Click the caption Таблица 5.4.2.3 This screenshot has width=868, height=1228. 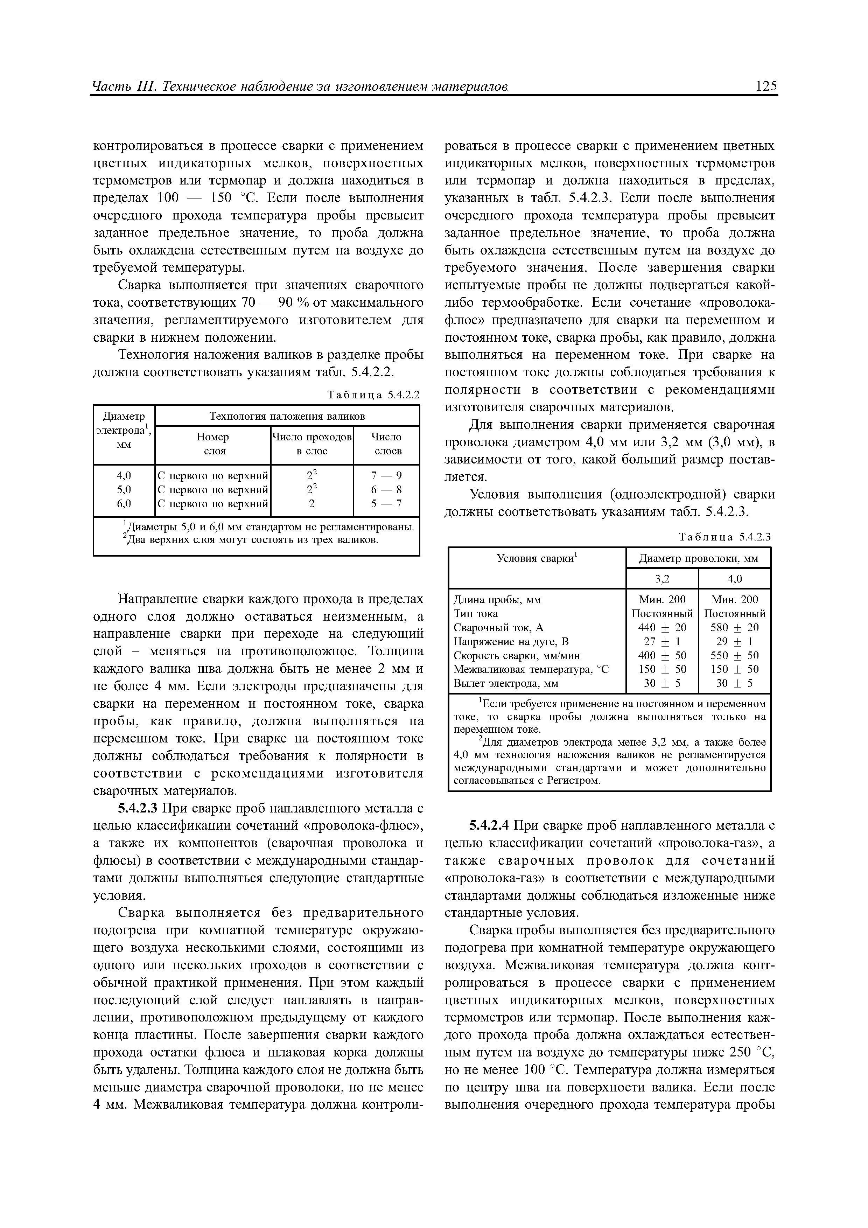(724, 537)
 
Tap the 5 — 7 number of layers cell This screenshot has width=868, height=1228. (386, 503)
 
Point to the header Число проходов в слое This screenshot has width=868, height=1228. (312, 444)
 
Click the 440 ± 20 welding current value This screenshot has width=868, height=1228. (662, 627)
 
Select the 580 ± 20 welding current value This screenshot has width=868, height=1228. (734, 627)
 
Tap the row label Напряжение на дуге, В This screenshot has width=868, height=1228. (511, 641)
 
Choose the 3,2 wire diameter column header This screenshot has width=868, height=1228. (662, 579)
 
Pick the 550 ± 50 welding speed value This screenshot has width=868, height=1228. (734, 655)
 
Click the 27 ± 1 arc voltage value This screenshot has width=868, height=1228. (662, 641)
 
